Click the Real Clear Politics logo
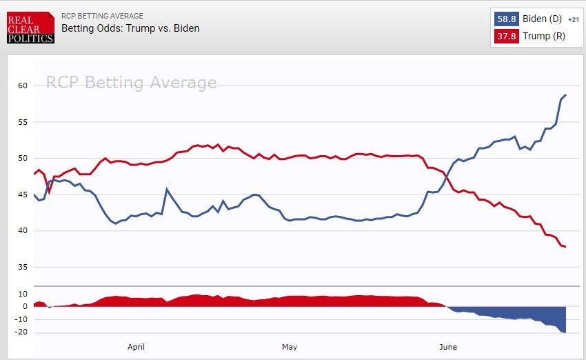[29, 28]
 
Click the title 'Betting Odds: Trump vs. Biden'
[130, 28]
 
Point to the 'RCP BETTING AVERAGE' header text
[102, 16]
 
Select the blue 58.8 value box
[505, 19]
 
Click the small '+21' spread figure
[573, 19]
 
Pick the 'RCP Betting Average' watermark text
[131, 83]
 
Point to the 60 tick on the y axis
[23, 86]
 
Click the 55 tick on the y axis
[23, 122]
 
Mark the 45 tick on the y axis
[23, 194]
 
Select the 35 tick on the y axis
[23, 267]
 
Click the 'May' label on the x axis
[290, 346]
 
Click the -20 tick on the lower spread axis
[21, 332]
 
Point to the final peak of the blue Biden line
[565, 95]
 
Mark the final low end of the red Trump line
[565, 247]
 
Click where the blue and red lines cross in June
[447, 178]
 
